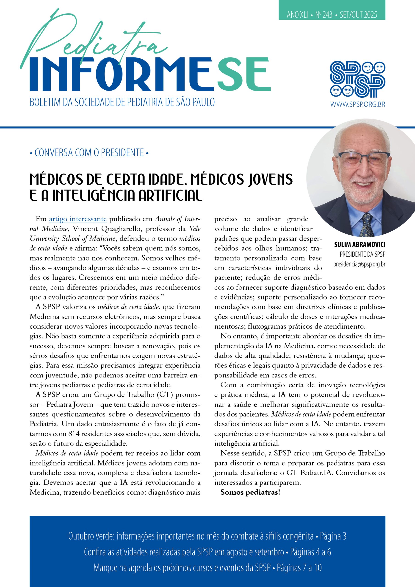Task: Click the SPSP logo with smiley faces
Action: (x=357, y=80)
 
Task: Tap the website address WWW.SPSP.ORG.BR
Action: (x=357, y=104)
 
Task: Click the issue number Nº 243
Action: (x=324, y=15)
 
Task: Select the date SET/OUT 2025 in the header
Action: (x=358, y=15)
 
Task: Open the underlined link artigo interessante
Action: (x=78, y=219)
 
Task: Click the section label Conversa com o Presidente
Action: (x=89, y=153)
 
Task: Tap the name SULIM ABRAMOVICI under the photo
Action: (x=360, y=245)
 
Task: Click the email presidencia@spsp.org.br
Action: (x=359, y=264)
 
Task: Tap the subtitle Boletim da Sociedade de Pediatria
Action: (x=122, y=102)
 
